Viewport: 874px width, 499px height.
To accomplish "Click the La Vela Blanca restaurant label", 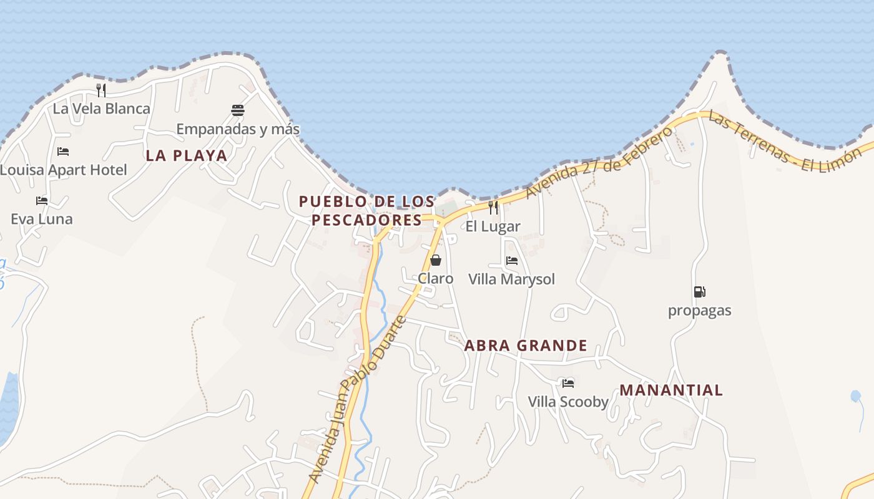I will tap(101, 109).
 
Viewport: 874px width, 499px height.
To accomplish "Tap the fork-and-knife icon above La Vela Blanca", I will tap(101, 90).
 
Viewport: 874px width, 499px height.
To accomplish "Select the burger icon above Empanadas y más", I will tap(238, 110).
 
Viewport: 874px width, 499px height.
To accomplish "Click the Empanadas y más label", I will tap(238, 129).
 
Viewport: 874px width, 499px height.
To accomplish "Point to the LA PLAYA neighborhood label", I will tap(187, 155).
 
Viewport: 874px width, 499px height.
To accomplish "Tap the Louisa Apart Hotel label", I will tap(63, 170).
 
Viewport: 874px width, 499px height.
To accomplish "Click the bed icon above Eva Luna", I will tap(42, 201).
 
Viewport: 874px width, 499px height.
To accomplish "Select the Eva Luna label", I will tap(42, 219).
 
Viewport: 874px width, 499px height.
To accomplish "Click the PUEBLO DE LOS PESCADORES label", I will tap(367, 211).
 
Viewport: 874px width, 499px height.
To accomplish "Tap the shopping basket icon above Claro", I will tap(436, 260).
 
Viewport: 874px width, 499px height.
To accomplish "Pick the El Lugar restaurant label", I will tap(493, 226).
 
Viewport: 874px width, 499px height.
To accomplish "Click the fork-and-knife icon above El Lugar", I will tap(493, 208).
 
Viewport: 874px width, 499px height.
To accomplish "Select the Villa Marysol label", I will tap(511, 279).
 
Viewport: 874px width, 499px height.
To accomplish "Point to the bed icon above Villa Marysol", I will tap(512, 261).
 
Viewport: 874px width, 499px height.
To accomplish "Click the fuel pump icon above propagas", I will tap(699, 292).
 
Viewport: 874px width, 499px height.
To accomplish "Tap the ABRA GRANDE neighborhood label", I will tap(526, 346).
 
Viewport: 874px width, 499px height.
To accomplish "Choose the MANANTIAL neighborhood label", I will tap(671, 390).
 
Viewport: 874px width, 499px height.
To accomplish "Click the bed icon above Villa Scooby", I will tap(568, 383).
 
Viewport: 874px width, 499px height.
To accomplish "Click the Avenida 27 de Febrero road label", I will tap(600, 162).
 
